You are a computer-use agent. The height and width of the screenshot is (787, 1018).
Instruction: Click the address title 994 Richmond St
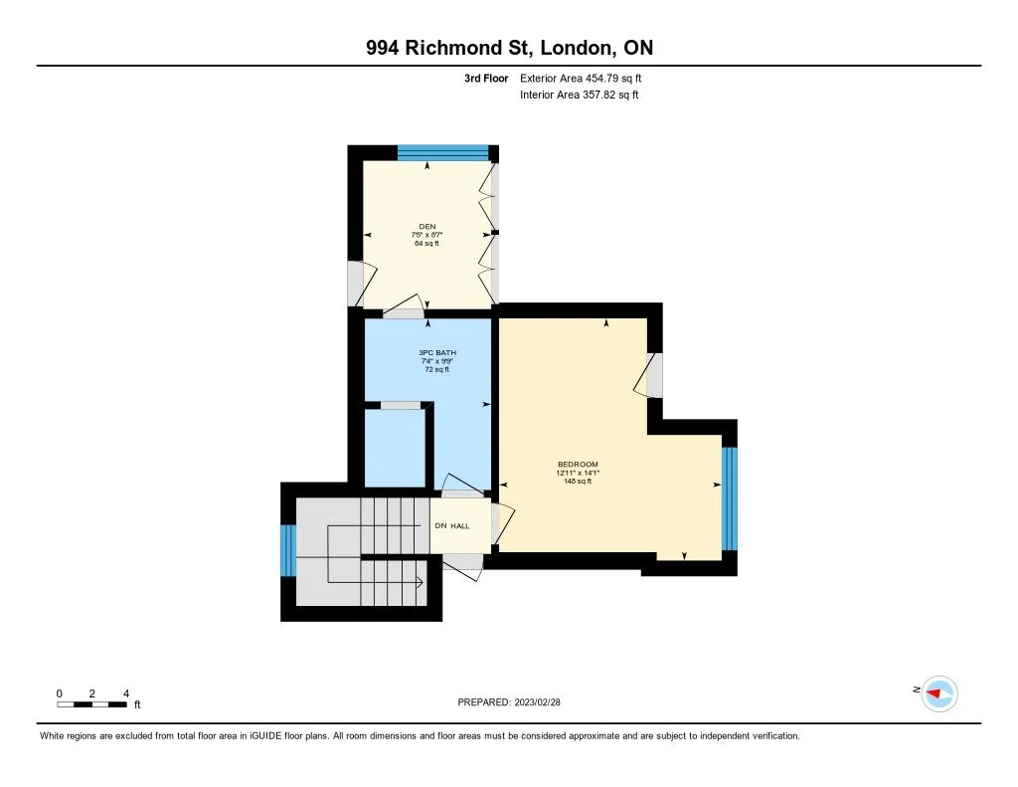[x=509, y=48]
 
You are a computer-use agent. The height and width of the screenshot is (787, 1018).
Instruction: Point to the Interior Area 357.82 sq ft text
[x=580, y=96]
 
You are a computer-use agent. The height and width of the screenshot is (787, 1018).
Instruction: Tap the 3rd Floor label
[x=486, y=78]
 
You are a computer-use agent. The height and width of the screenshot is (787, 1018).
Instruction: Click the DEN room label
[x=427, y=226]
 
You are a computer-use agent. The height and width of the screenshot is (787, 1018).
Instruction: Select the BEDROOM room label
[x=577, y=465]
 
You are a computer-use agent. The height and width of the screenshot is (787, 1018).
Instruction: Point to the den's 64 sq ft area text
[x=427, y=244]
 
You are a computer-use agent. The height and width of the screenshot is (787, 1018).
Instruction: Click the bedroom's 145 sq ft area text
[x=577, y=482]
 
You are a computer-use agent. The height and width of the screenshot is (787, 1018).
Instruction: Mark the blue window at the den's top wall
[x=443, y=152]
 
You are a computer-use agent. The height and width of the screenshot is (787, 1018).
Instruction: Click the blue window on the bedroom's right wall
[x=730, y=498]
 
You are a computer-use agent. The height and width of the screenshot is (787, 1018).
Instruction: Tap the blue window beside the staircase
[x=288, y=550]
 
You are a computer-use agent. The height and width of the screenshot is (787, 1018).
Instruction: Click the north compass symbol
[x=937, y=692]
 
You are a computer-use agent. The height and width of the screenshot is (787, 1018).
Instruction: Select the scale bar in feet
[x=91, y=704]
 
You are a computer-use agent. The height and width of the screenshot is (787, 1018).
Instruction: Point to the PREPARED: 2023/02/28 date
[x=515, y=702]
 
